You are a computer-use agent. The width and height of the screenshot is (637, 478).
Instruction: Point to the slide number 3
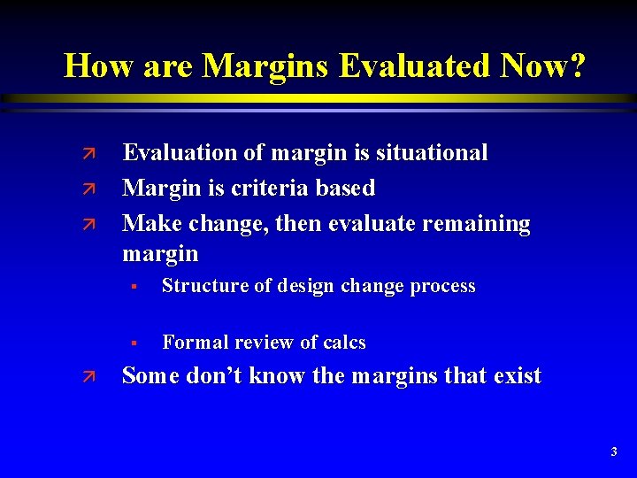[614, 452]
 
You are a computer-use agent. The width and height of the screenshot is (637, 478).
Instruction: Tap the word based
[346, 189]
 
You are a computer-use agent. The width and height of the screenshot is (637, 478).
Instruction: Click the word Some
[150, 376]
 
